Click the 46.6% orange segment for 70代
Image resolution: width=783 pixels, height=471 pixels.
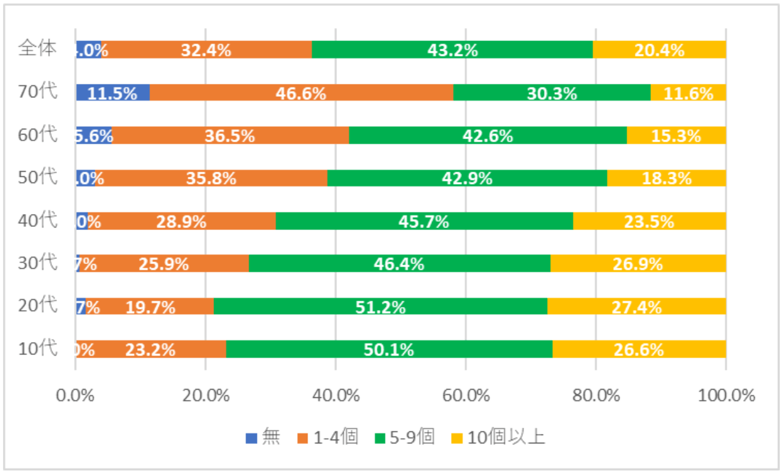coord(301,93)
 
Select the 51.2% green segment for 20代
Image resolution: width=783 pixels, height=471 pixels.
coord(380,307)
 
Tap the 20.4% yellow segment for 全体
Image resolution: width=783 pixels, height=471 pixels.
coord(659,49)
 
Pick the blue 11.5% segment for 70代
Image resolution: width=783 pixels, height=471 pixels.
coord(112,93)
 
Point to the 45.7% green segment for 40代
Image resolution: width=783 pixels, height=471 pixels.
coord(424,221)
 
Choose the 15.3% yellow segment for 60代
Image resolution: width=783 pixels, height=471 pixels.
coord(676,135)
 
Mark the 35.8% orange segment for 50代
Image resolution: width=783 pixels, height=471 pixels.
coord(211,178)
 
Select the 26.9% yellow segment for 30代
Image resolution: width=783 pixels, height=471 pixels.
coord(638,263)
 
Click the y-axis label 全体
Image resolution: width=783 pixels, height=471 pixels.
coord(38,49)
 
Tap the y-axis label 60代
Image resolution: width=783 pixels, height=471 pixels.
coord(38,135)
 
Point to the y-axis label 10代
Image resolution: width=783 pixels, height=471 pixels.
coord(38,349)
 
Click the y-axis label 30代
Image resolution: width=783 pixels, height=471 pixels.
coord(38,263)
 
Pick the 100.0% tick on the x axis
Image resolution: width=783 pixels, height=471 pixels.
coord(725,395)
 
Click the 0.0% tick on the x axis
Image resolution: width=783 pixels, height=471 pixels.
coord(76,395)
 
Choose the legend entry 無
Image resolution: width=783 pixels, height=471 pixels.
coord(263,438)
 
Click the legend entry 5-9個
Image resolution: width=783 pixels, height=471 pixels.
coord(406,438)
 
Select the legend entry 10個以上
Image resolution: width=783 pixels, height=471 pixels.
coord(498,438)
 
